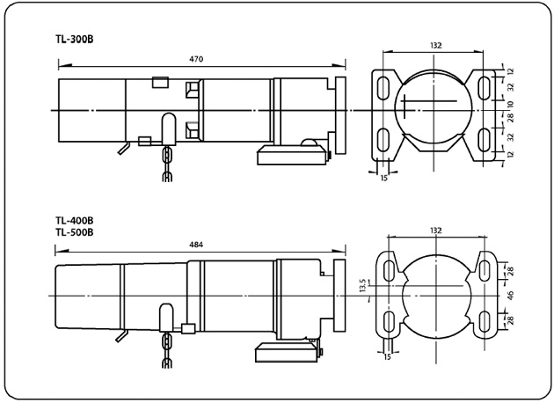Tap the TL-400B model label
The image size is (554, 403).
coord(75,222)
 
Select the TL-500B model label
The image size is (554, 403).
coord(75,232)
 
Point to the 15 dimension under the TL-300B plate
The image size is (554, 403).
coord(384,178)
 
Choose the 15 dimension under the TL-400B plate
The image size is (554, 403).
coord(387,356)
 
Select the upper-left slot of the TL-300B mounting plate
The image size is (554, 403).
coord(384,87)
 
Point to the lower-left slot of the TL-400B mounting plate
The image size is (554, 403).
coord(388,320)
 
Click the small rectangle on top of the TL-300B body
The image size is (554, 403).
coord(159,82)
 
